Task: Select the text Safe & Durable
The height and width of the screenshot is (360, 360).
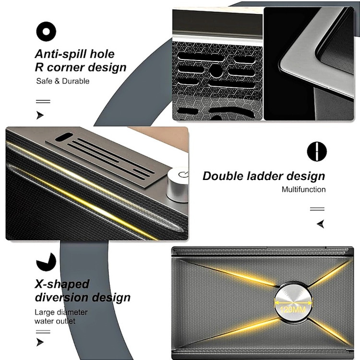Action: pyautogui.click(x=63, y=81)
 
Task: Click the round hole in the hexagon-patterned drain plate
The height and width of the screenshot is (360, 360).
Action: pyautogui.click(x=216, y=71)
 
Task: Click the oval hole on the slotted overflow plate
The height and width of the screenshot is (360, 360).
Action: pyautogui.click(x=64, y=137)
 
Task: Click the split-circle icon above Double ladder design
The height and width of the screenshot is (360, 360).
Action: pyautogui.click(x=317, y=152)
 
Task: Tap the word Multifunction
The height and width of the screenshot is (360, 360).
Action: pyautogui.click(x=303, y=190)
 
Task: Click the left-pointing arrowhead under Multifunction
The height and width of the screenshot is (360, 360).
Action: pyautogui.click(x=321, y=224)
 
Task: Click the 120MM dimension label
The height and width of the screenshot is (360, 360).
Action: pyautogui.click(x=293, y=310)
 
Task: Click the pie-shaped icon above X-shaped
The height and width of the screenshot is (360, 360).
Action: pyautogui.click(x=46, y=262)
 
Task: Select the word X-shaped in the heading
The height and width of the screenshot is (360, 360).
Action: pyautogui.click(x=62, y=284)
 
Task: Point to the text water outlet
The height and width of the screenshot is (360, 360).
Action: pyautogui.click(x=55, y=321)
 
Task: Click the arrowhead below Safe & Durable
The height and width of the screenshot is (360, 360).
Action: pyautogui.click(x=40, y=115)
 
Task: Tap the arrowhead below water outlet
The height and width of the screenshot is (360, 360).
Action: pyautogui.click(x=40, y=342)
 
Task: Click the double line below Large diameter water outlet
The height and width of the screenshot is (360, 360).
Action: pyautogui.click(x=43, y=332)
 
